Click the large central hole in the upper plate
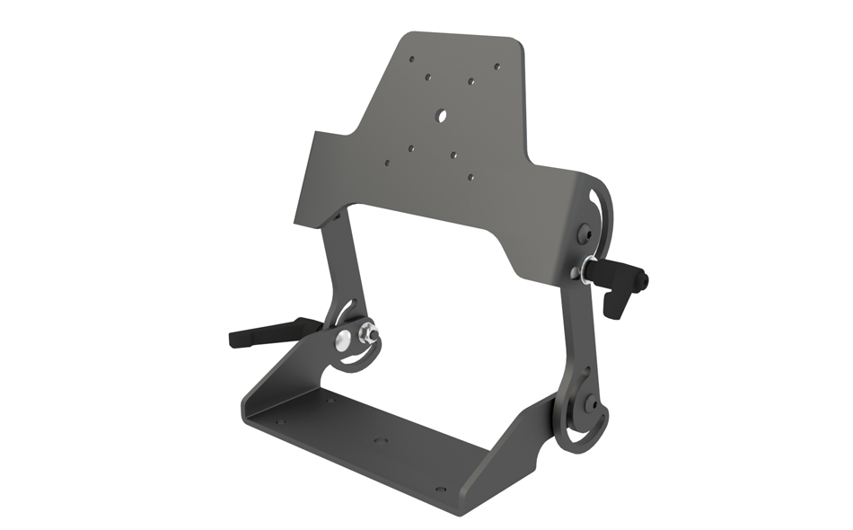click(441, 116)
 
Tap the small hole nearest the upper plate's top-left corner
click(412, 59)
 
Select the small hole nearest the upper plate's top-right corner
click(498, 66)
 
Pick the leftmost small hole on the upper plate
click(387, 163)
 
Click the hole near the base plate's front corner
click(440, 490)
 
